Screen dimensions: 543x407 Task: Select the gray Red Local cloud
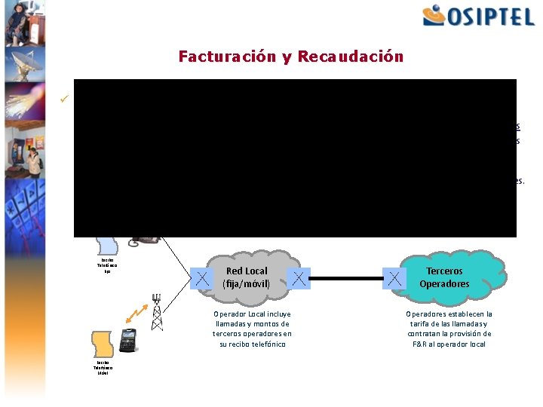pos(247,277)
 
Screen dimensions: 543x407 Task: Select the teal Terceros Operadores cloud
pos(445,277)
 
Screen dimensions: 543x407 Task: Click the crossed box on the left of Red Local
pos(203,279)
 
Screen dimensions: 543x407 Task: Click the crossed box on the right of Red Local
pos(299,279)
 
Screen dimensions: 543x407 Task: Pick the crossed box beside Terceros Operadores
pos(394,279)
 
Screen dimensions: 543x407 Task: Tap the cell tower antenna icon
pos(157,311)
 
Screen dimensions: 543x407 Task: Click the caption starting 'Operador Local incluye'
pos(252,329)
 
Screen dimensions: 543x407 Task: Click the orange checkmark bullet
pos(66,97)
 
